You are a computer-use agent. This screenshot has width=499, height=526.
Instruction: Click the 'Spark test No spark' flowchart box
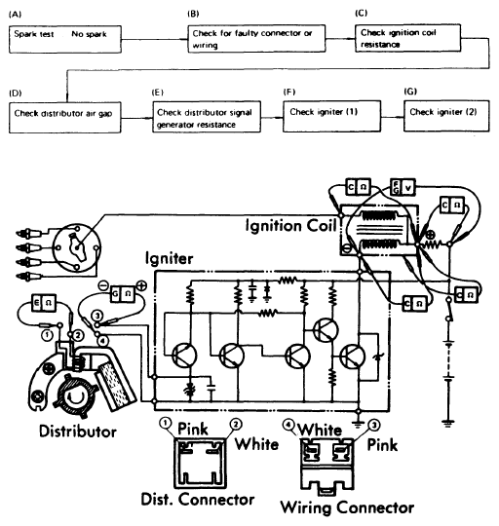pos(65,39)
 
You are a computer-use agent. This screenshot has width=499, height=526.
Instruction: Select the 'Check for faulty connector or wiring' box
pos(256,38)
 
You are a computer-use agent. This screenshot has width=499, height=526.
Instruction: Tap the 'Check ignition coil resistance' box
pos(407,38)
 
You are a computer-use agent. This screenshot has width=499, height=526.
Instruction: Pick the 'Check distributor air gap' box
pos(64,118)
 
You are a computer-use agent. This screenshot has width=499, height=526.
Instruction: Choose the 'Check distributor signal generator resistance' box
pos(207,117)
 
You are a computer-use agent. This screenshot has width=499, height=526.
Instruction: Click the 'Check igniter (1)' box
pos(331,116)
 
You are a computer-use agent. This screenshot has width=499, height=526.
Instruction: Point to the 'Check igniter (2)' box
pos(446,116)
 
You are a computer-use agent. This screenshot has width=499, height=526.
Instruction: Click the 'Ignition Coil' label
pos(291,225)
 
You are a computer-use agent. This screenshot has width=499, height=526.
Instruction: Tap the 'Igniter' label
pos(170,259)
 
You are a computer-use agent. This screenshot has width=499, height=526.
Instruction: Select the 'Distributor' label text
pos(78,432)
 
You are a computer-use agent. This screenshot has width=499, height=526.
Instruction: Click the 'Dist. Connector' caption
pos(197,500)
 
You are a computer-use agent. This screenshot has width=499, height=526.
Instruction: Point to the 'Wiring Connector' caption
pos(347,507)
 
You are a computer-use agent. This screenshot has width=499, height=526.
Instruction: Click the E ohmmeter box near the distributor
pos(43,303)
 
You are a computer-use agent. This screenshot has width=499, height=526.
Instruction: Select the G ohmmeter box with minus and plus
pos(123,294)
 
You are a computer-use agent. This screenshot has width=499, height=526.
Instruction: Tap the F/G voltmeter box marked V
pos(403,188)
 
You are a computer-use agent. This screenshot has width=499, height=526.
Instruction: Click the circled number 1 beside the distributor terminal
pos(48,335)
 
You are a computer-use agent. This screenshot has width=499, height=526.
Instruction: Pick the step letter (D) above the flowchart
pos(15,94)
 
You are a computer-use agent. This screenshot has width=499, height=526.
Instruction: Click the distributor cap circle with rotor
pos(77,248)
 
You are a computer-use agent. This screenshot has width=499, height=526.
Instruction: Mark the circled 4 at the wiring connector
pos(288,425)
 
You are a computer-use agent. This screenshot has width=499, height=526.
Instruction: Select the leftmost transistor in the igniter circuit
pos(184,356)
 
